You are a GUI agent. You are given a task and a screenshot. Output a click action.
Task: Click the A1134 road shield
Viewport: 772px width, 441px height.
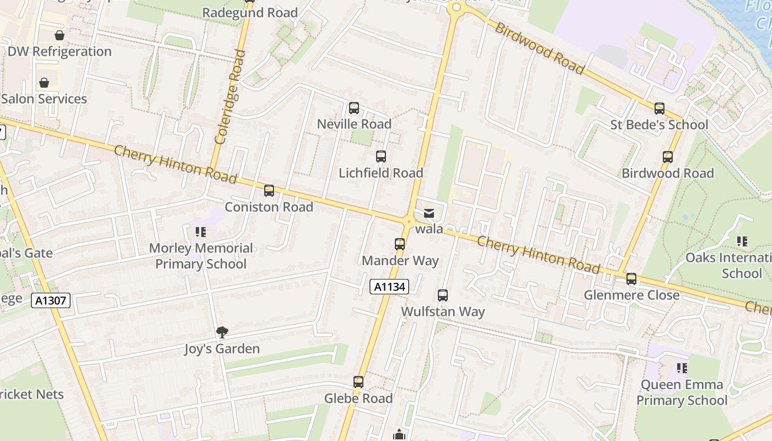coord(390,287)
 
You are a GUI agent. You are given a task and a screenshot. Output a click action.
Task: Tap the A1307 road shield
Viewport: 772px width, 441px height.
coord(51,300)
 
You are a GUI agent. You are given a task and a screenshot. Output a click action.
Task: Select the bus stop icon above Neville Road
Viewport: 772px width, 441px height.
coord(354,108)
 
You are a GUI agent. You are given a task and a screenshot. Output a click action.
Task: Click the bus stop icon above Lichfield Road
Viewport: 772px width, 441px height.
coord(381,157)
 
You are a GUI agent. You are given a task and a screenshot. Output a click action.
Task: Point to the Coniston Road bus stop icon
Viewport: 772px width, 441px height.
coord(269,191)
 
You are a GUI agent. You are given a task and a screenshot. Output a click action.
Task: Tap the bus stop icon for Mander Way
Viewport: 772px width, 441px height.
coord(400,244)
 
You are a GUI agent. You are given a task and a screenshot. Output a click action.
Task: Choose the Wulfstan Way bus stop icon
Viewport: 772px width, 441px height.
coord(443,295)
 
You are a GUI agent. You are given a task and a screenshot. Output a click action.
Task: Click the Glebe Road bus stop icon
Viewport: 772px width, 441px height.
coord(358,382)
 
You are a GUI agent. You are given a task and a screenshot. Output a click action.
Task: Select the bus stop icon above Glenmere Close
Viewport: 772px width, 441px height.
coord(631,279)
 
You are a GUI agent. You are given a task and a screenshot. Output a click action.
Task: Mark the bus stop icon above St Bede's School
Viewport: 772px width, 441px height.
coord(660,109)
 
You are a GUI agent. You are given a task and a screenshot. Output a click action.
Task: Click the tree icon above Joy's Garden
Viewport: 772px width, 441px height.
coord(222,332)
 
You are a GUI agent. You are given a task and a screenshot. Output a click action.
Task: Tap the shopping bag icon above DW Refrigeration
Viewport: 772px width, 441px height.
coord(60,36)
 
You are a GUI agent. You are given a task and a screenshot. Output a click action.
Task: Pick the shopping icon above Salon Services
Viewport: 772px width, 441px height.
coord(44,83)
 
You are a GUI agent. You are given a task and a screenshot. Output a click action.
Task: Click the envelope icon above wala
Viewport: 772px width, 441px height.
coord(429,213)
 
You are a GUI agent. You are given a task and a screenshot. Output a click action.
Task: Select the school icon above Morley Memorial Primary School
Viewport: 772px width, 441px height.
coord(201,232)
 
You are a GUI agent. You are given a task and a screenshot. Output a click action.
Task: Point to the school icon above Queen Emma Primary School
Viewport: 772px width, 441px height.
coord(682,368)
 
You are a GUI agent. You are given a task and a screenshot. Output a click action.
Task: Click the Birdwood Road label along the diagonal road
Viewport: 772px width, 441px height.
coord(539,49)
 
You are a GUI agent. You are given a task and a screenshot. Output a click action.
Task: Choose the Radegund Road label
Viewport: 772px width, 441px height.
coord(250,13)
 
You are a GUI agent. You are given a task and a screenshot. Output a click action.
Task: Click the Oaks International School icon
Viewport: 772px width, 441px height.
coord(742,241)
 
